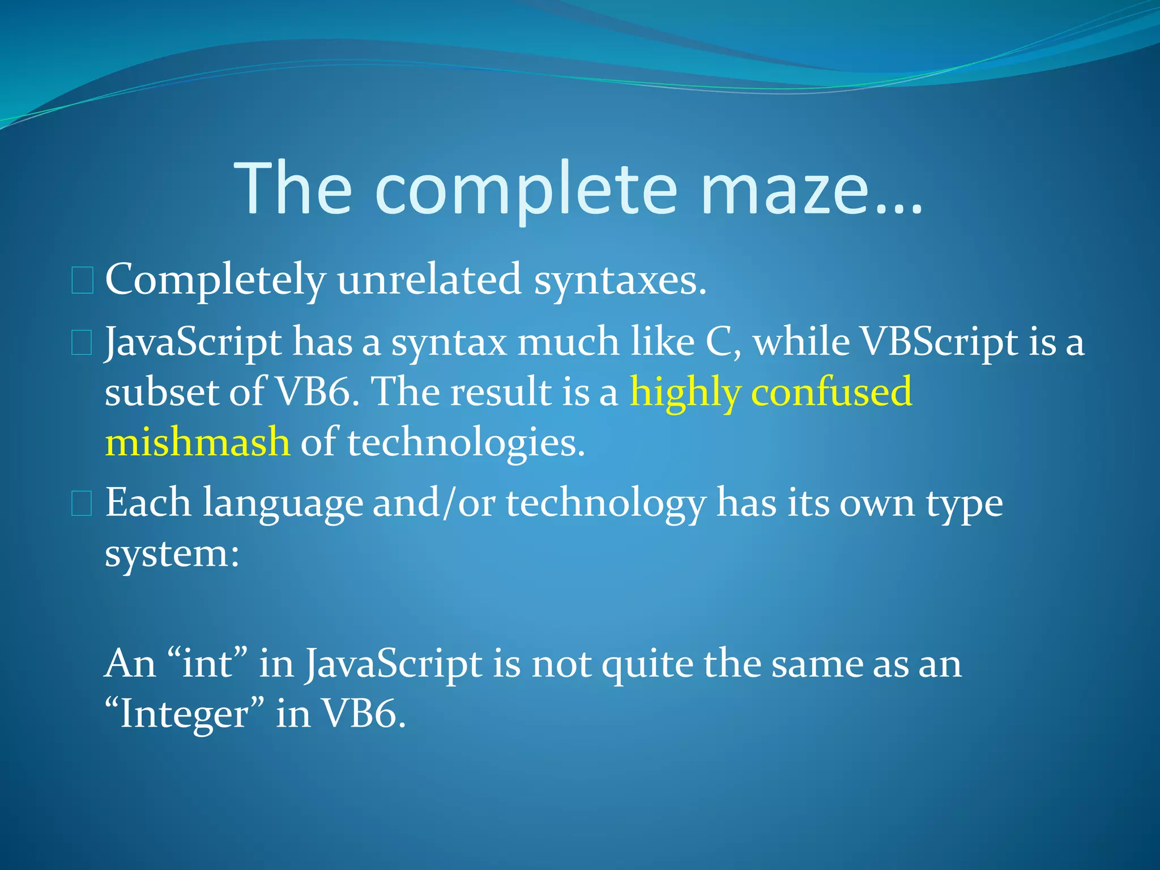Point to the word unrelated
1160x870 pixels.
429,279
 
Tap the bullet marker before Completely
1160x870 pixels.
82,282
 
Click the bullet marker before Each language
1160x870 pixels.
82,504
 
